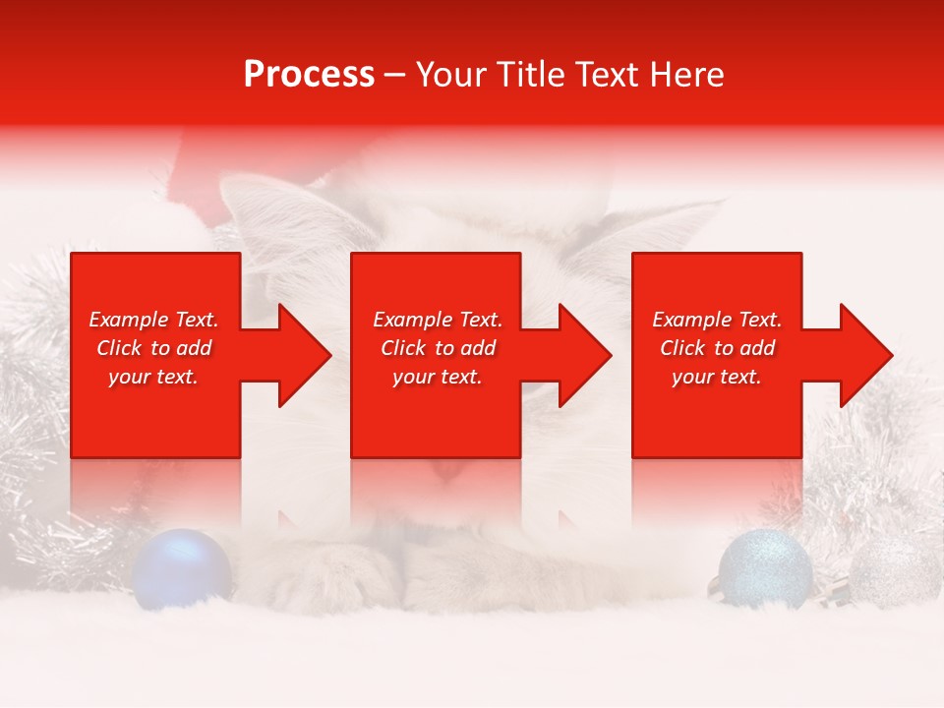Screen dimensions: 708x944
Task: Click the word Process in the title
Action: (309, 75)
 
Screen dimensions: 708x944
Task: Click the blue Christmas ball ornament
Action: (182, 567)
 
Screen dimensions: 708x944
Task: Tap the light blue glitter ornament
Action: (765, 568)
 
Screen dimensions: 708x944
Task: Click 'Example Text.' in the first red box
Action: (153, 320)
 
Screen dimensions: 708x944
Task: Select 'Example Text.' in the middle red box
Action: (438, 320)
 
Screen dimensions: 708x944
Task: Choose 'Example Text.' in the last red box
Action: (717, 320)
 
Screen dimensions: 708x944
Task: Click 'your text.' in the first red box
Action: (153, 377)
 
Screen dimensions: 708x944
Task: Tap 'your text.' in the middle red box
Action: (438, 377)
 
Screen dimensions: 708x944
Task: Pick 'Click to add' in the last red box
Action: (717, 348)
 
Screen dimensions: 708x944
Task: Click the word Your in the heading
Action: (450, 75)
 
